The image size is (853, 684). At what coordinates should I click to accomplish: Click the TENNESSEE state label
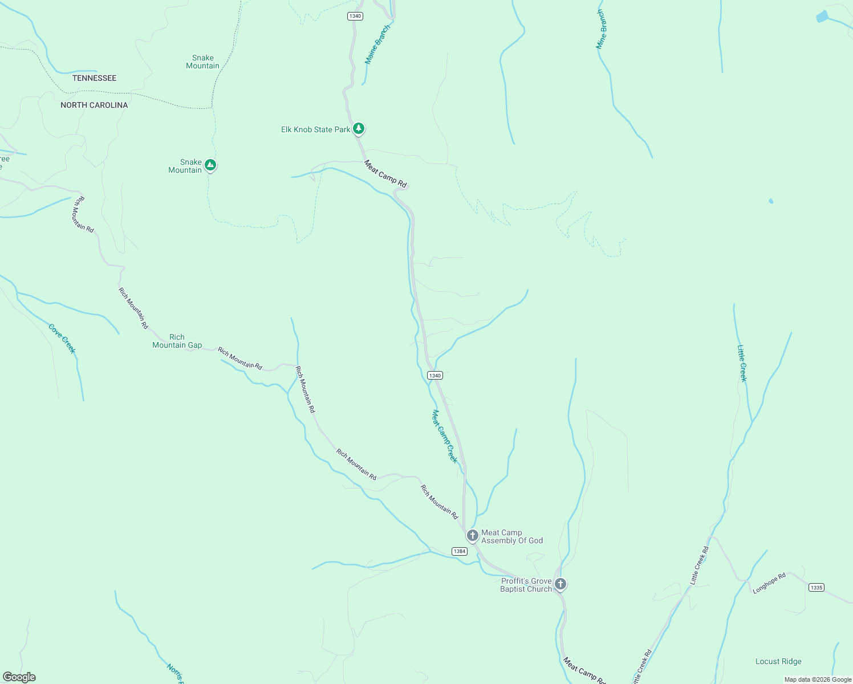94,78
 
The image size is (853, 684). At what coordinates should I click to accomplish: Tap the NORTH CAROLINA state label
94,105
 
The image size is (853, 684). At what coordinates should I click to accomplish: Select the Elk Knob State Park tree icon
358,128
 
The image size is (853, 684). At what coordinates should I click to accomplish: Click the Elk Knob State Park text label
315,129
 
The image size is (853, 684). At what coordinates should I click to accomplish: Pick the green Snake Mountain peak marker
210,165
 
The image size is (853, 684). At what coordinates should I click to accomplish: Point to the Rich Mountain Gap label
177,341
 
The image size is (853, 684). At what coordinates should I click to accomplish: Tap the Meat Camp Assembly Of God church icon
472,535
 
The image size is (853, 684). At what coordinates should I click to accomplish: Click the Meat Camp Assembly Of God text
511,536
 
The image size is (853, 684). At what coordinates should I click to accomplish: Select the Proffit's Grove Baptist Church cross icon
560,584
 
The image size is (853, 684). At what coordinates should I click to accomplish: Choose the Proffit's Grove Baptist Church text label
526,585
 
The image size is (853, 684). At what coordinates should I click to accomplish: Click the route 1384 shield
459,551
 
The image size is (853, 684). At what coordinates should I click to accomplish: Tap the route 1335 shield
816,587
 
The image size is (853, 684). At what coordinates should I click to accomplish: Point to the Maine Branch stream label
377,44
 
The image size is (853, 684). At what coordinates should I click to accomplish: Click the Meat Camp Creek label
444,436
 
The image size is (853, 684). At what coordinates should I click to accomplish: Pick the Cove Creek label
62,339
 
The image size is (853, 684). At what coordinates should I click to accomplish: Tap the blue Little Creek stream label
742,363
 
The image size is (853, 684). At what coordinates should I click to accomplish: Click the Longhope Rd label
769,583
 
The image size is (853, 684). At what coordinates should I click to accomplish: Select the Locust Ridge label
778,661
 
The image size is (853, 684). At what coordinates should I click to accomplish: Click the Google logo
19,677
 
